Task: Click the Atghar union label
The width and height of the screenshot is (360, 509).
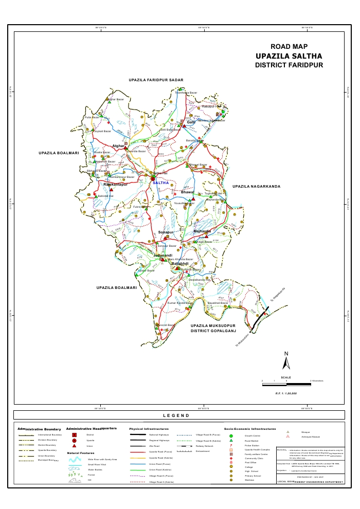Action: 119,147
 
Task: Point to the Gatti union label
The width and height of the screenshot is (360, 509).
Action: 191,122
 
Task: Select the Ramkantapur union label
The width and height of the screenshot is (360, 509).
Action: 115,184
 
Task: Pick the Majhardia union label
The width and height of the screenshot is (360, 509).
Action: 202,231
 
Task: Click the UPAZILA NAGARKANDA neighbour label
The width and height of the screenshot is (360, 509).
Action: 256,186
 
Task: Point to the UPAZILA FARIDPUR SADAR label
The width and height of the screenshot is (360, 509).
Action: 156,81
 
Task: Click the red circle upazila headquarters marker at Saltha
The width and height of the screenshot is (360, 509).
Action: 153,178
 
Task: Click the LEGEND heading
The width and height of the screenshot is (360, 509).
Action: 176,415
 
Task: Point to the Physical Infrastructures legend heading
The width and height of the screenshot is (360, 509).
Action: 149,428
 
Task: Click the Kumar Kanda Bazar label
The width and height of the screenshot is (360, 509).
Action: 181,303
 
